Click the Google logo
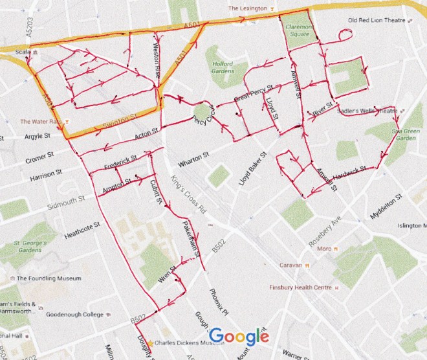(239, 336)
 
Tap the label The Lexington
(249, 8)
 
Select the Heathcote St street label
(83, 231)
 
